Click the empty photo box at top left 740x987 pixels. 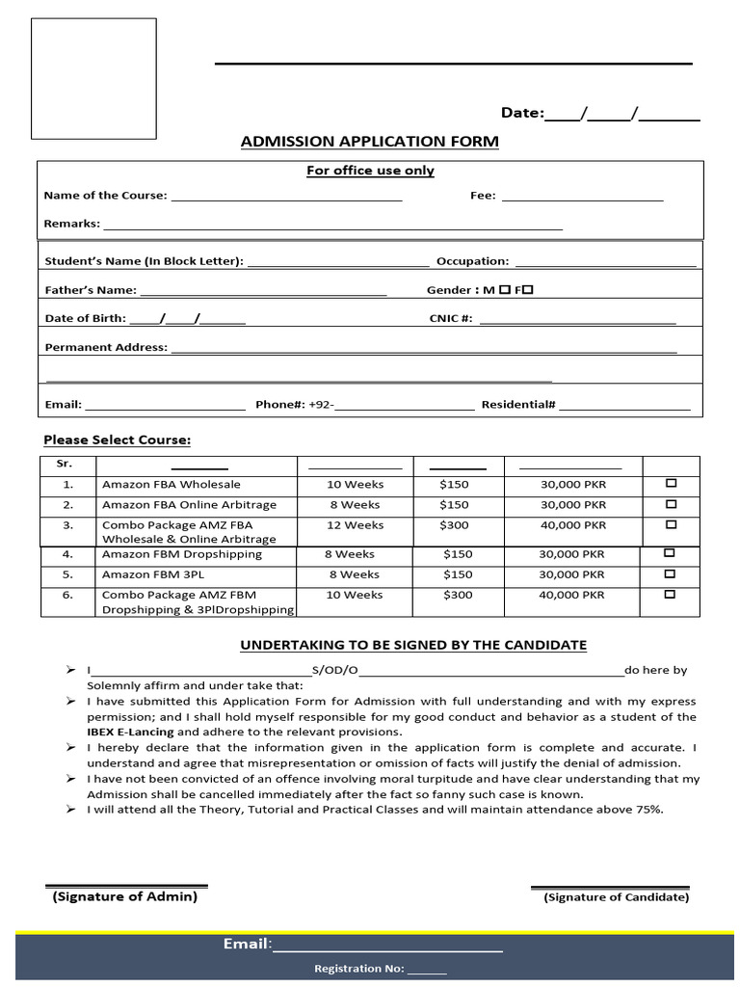[x=93, y=78]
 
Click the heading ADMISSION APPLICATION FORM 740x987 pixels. [x=369, y=142]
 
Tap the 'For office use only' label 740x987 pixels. [x=370, y=171]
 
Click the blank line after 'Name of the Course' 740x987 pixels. [x=286, y=197]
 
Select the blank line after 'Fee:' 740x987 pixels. [x=582, y=197]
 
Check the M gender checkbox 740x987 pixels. [x=505, y=289]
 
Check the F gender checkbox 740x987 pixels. [x=528, y=289]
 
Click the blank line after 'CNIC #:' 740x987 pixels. [x=577, y=320]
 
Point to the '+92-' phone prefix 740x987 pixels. [x=321, y=405]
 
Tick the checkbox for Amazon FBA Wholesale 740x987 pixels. [x=671, y=483]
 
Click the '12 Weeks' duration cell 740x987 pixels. [x=355, y=525]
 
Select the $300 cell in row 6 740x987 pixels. [x=458, y=595]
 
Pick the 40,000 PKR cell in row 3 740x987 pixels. [x=573, y=525]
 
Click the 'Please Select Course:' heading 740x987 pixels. [x=117, y=440]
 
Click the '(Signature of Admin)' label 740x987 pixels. [x=124, y=896]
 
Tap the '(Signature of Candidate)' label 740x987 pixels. [x=617, y=897]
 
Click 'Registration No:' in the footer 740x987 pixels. [x=359, y=969]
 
